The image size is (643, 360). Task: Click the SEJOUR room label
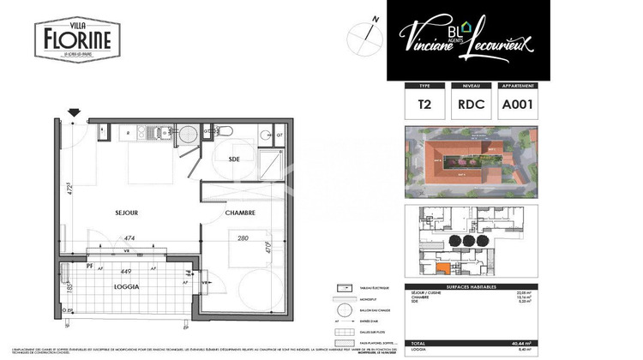127,212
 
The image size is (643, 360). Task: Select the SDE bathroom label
233,159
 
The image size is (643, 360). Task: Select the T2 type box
424,105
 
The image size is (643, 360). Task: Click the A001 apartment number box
517,105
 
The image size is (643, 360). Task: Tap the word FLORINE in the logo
76,39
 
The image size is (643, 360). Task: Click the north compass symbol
365,34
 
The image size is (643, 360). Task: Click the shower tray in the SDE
272,162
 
